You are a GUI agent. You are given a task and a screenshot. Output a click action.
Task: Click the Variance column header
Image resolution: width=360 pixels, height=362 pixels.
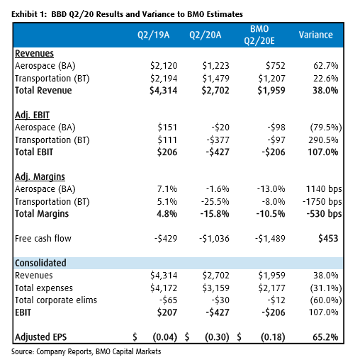coord(316,35)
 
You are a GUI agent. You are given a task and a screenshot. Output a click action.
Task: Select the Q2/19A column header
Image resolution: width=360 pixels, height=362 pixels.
coord(154,35)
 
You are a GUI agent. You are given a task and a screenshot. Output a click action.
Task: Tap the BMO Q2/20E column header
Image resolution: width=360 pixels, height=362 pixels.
coord(259,35)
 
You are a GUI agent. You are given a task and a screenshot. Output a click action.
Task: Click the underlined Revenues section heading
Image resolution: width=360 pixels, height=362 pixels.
coord(34,53)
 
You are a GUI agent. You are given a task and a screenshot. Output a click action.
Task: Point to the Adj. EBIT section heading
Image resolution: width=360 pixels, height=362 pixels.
coord(32,115)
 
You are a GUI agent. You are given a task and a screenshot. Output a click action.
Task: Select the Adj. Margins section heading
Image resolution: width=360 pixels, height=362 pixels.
coord(40,177)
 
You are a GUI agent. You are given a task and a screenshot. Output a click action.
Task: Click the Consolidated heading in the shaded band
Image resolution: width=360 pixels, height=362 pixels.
coord(40,263)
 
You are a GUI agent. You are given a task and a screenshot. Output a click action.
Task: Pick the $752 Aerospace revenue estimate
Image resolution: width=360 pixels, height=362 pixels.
coord(276,66)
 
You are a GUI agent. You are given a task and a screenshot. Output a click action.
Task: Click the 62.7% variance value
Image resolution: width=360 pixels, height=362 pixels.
coord(326,66)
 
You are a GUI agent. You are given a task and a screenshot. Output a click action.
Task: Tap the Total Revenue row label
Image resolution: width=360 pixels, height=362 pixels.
coord(43,91)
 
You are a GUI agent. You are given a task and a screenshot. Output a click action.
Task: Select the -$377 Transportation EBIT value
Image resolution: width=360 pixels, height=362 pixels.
coord(218,140)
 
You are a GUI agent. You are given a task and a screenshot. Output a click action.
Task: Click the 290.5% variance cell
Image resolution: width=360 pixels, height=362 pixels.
coord(323,140)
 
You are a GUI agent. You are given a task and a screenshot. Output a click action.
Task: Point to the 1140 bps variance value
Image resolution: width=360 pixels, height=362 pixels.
coord(324,189)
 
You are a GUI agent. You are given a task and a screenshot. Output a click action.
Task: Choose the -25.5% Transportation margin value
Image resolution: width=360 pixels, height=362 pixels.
coord(215,202)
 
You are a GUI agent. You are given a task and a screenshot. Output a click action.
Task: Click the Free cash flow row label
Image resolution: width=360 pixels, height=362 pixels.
coord(43,239)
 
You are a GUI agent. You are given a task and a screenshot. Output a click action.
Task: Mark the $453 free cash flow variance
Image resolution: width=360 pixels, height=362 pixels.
coord(328,239)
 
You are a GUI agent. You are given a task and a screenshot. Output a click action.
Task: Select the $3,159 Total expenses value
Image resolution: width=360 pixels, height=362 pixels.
coord(215,288)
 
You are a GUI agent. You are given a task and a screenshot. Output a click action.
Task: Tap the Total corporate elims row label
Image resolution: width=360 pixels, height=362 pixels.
coord(56,300)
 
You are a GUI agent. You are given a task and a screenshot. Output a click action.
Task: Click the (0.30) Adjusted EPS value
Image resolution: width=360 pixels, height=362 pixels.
coord(217,337)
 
